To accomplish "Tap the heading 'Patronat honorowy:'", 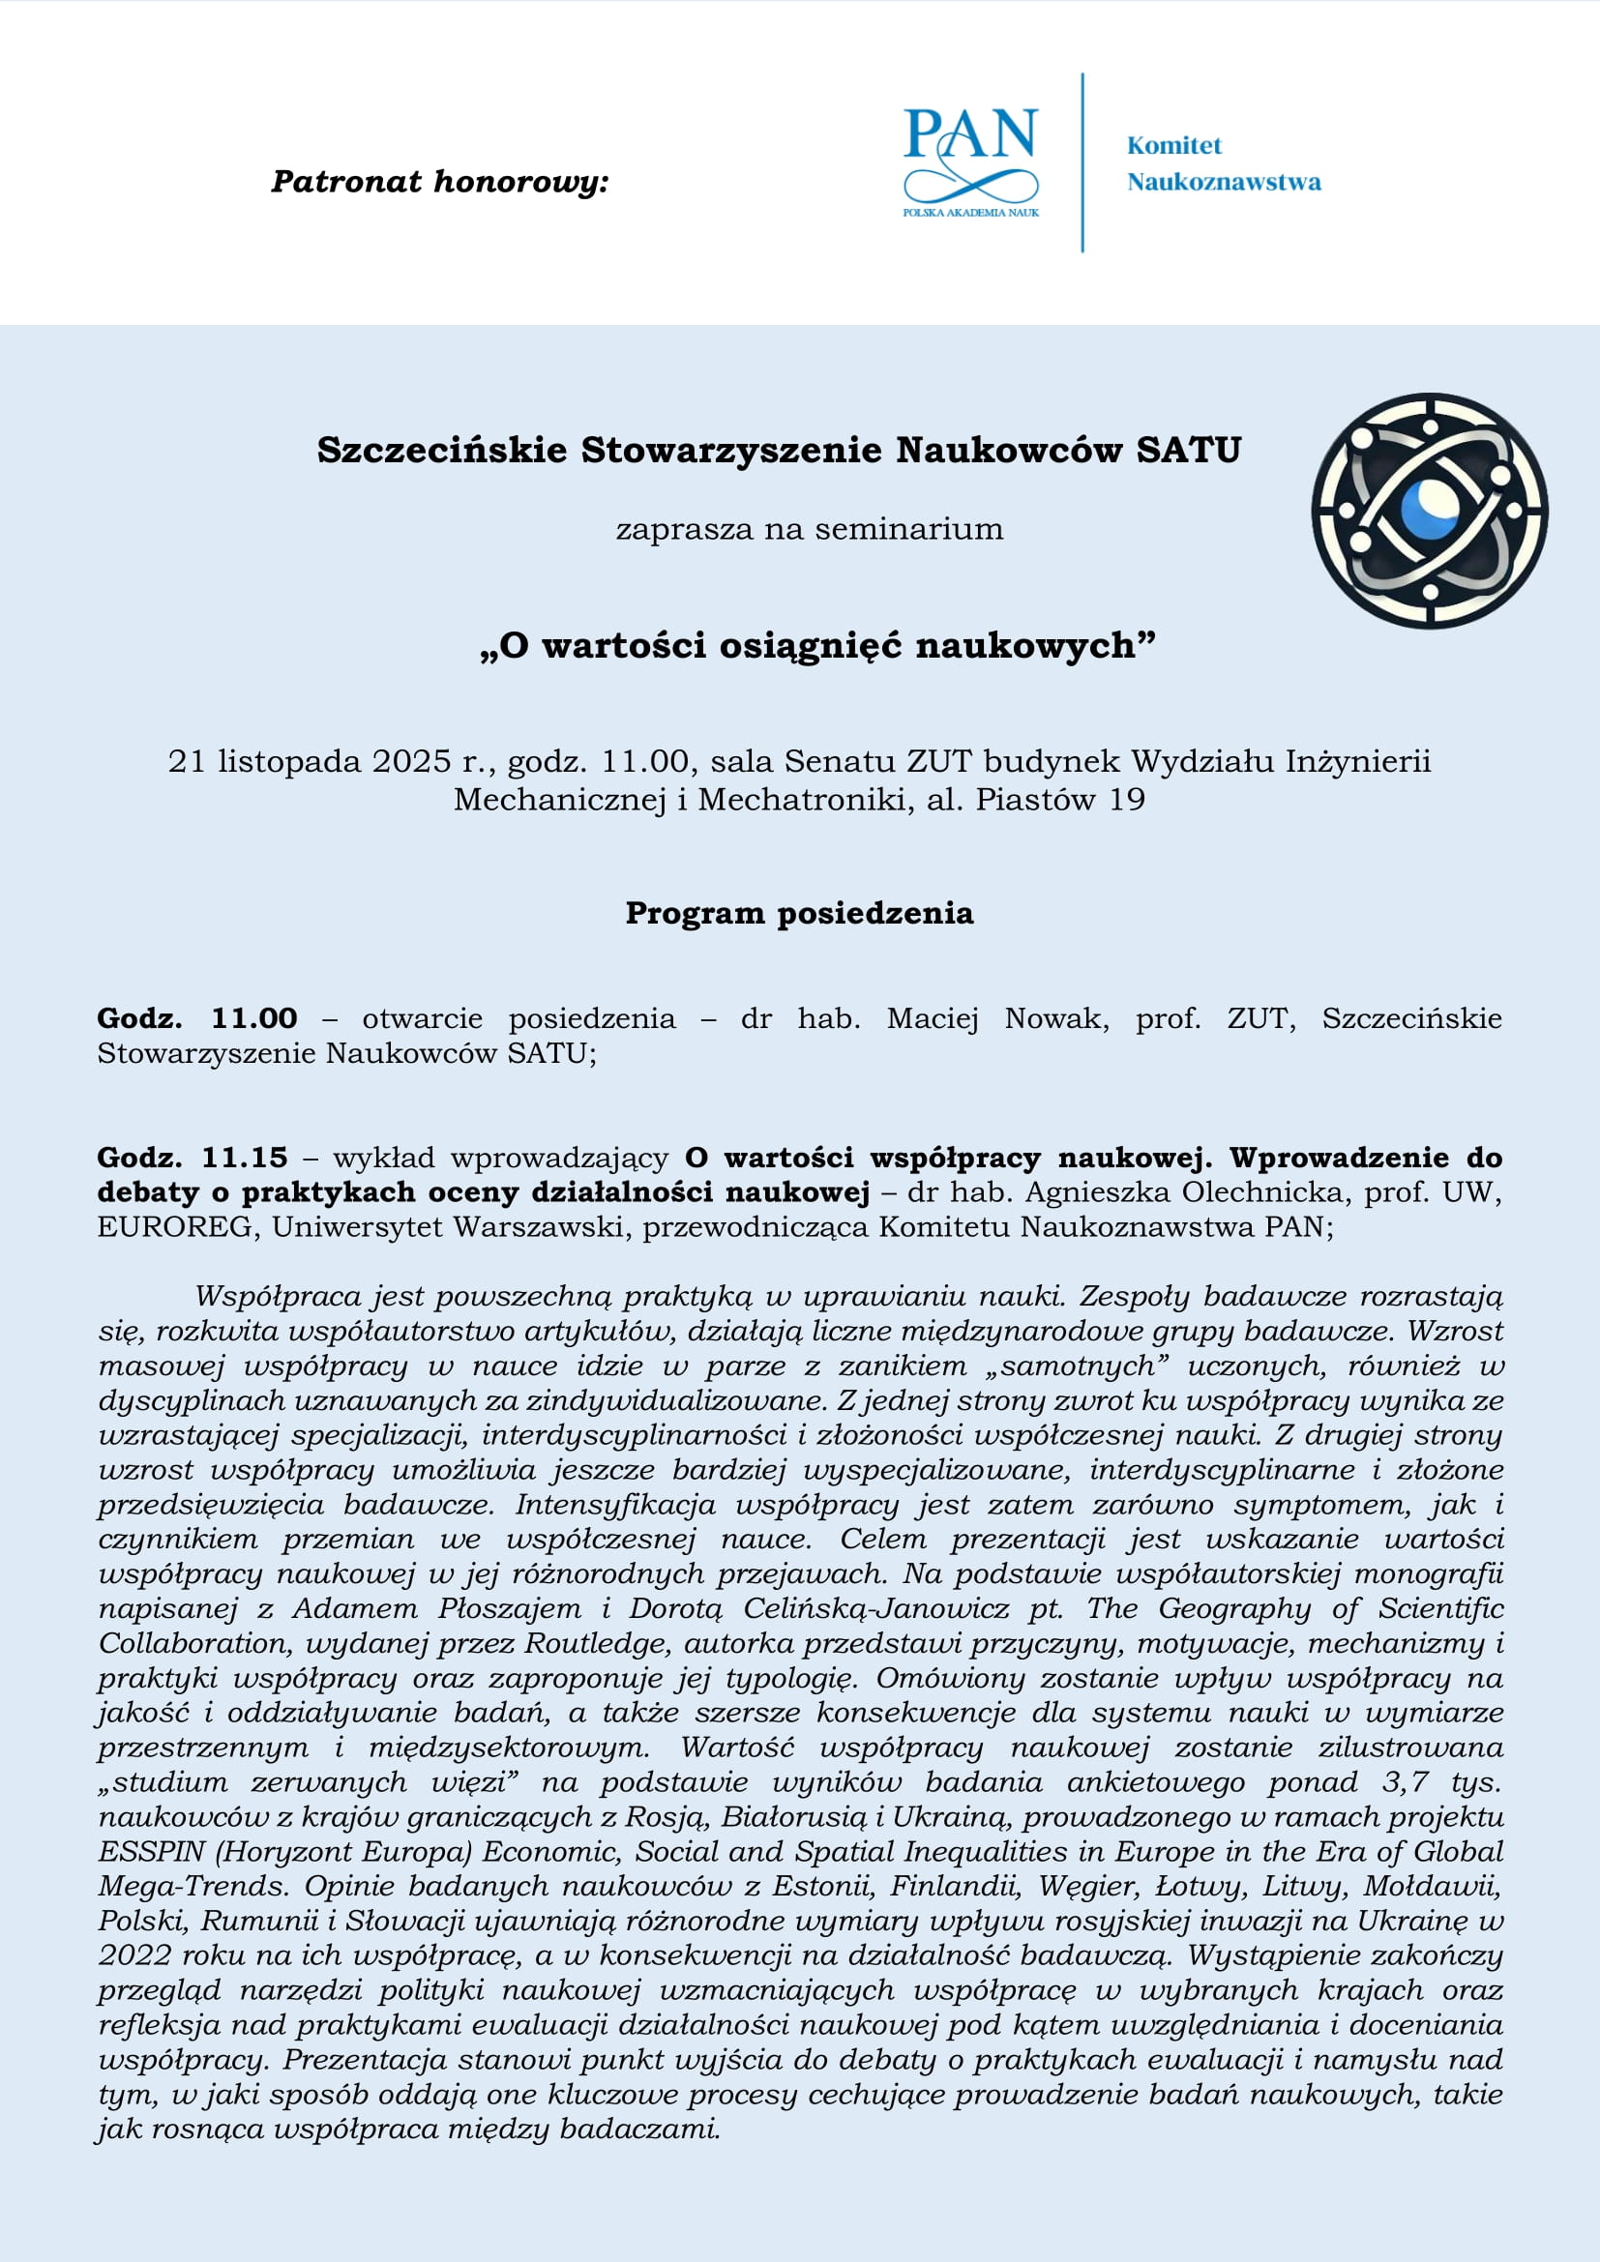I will tap(439, 182).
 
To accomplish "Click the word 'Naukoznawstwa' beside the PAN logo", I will tap(1224, 182).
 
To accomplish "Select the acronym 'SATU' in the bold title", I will tap(1188, 451).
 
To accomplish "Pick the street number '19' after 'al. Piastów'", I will tap(1126, 799).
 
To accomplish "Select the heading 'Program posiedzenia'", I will tap(799, 913).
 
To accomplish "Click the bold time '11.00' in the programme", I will tap(254, 1017).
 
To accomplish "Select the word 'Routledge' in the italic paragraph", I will tap(598, 1643).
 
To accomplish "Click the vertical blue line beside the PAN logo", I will tap(1082, 162).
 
